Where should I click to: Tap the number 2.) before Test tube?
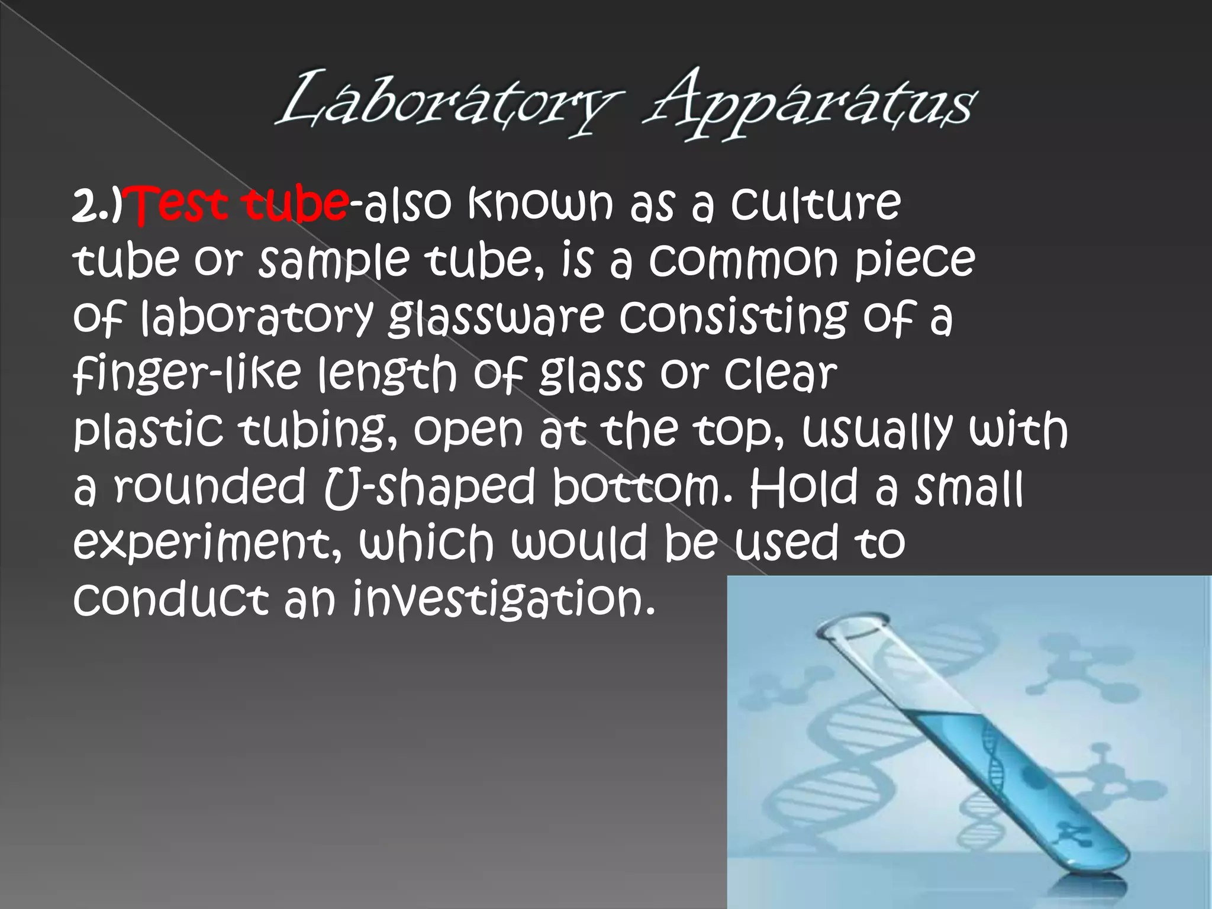[98, 207]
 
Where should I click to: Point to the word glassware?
[496, 319]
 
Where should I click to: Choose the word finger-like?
[186, 376]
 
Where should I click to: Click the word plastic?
[149, 431]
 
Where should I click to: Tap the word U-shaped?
[428, 489]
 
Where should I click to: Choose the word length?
[387, 376]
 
